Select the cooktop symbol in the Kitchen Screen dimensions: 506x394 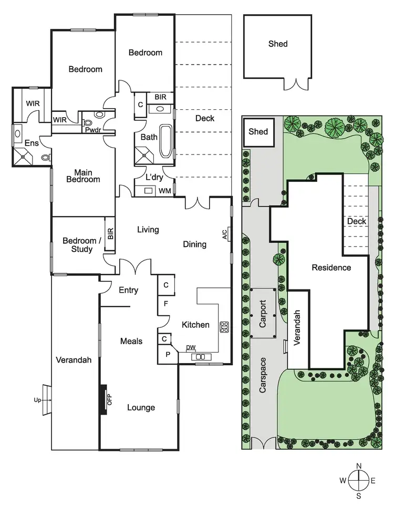click(224, 327)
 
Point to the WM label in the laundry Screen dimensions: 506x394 click(164, 190)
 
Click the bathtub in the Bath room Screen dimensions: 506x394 click(165, 141)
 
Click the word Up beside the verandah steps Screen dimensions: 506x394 click(37, 400)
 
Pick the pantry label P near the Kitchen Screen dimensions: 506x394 click(168, 355)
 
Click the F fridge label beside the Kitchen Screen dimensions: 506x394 click(165, 303)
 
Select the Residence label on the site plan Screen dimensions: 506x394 click(331, 267)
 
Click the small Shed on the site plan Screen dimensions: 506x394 click(258, 131)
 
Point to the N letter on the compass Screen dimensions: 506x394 click(359, 466)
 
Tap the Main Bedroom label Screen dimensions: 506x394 click(87, 175)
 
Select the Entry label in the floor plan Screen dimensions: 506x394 click(129, 290)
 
